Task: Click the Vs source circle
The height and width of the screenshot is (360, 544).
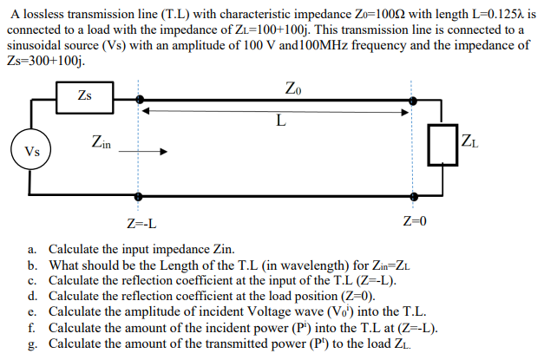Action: (31, 150)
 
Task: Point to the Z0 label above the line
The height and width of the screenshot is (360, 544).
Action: (293, 87)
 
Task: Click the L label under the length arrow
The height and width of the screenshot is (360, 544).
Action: (279, 121)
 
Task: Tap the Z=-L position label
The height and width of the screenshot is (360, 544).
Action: (141, 224)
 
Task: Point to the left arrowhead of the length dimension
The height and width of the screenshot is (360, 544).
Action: (147, 110)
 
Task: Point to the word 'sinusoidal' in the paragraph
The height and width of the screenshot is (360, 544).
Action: (36, 45)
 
